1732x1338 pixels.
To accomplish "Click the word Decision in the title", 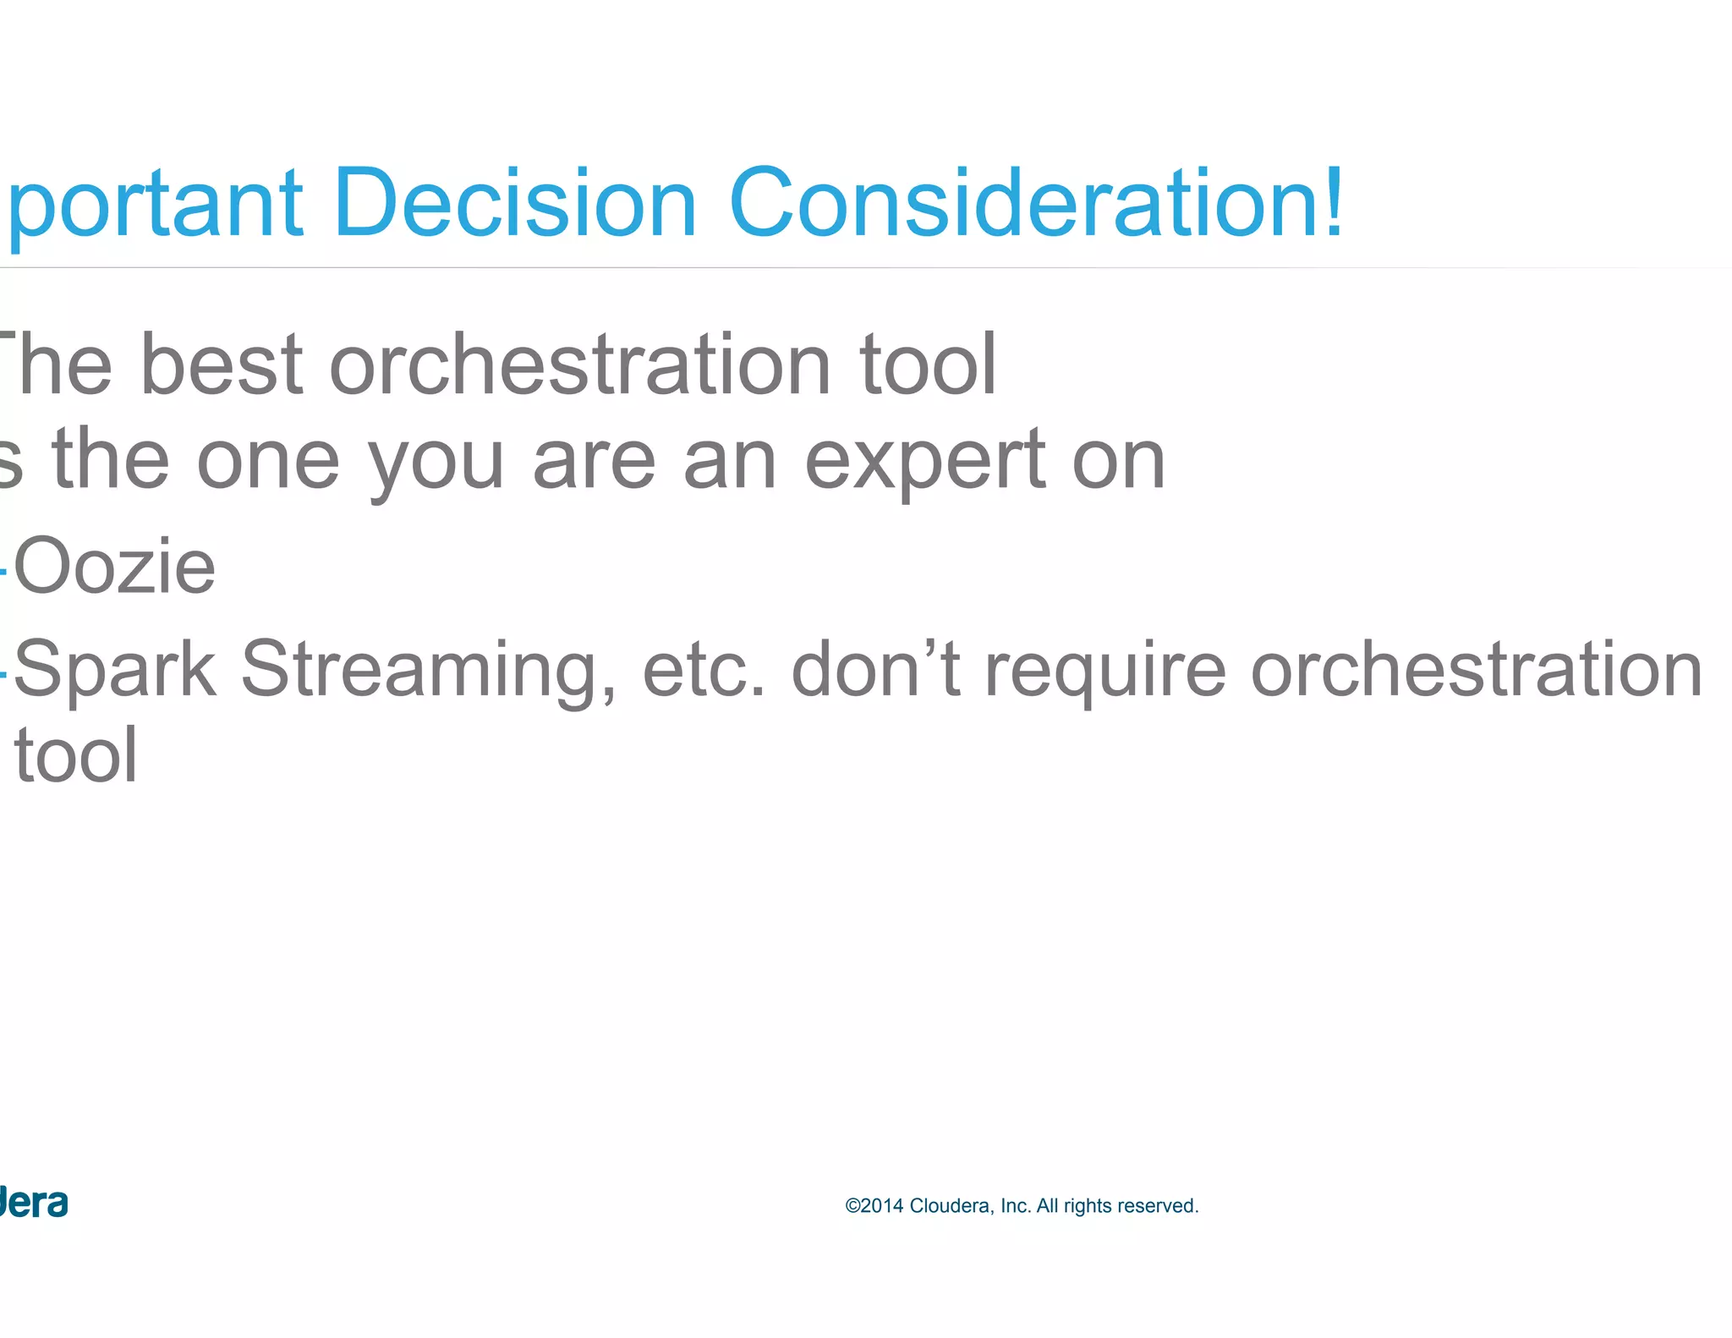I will (x=514, y=203).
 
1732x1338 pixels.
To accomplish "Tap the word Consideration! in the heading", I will (x=1033, y=203).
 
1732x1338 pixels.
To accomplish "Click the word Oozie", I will (x=115, y=567).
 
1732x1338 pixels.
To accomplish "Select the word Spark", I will (x=115, y=670).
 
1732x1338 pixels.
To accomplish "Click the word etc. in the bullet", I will (x=704, y=670).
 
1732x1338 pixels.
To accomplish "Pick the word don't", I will (x=876, y=670).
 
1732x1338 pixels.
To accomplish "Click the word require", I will (x=1105, y=670).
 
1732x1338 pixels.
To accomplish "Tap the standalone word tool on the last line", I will (x=76, y=755).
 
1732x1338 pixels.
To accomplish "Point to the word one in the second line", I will (x=268, y=461).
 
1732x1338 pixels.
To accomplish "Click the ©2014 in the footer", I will (x=874, y=1206).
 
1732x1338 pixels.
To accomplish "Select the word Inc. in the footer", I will (x=1016, y=1206).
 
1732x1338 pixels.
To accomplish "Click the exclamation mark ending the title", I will (x=1334, y=203).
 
